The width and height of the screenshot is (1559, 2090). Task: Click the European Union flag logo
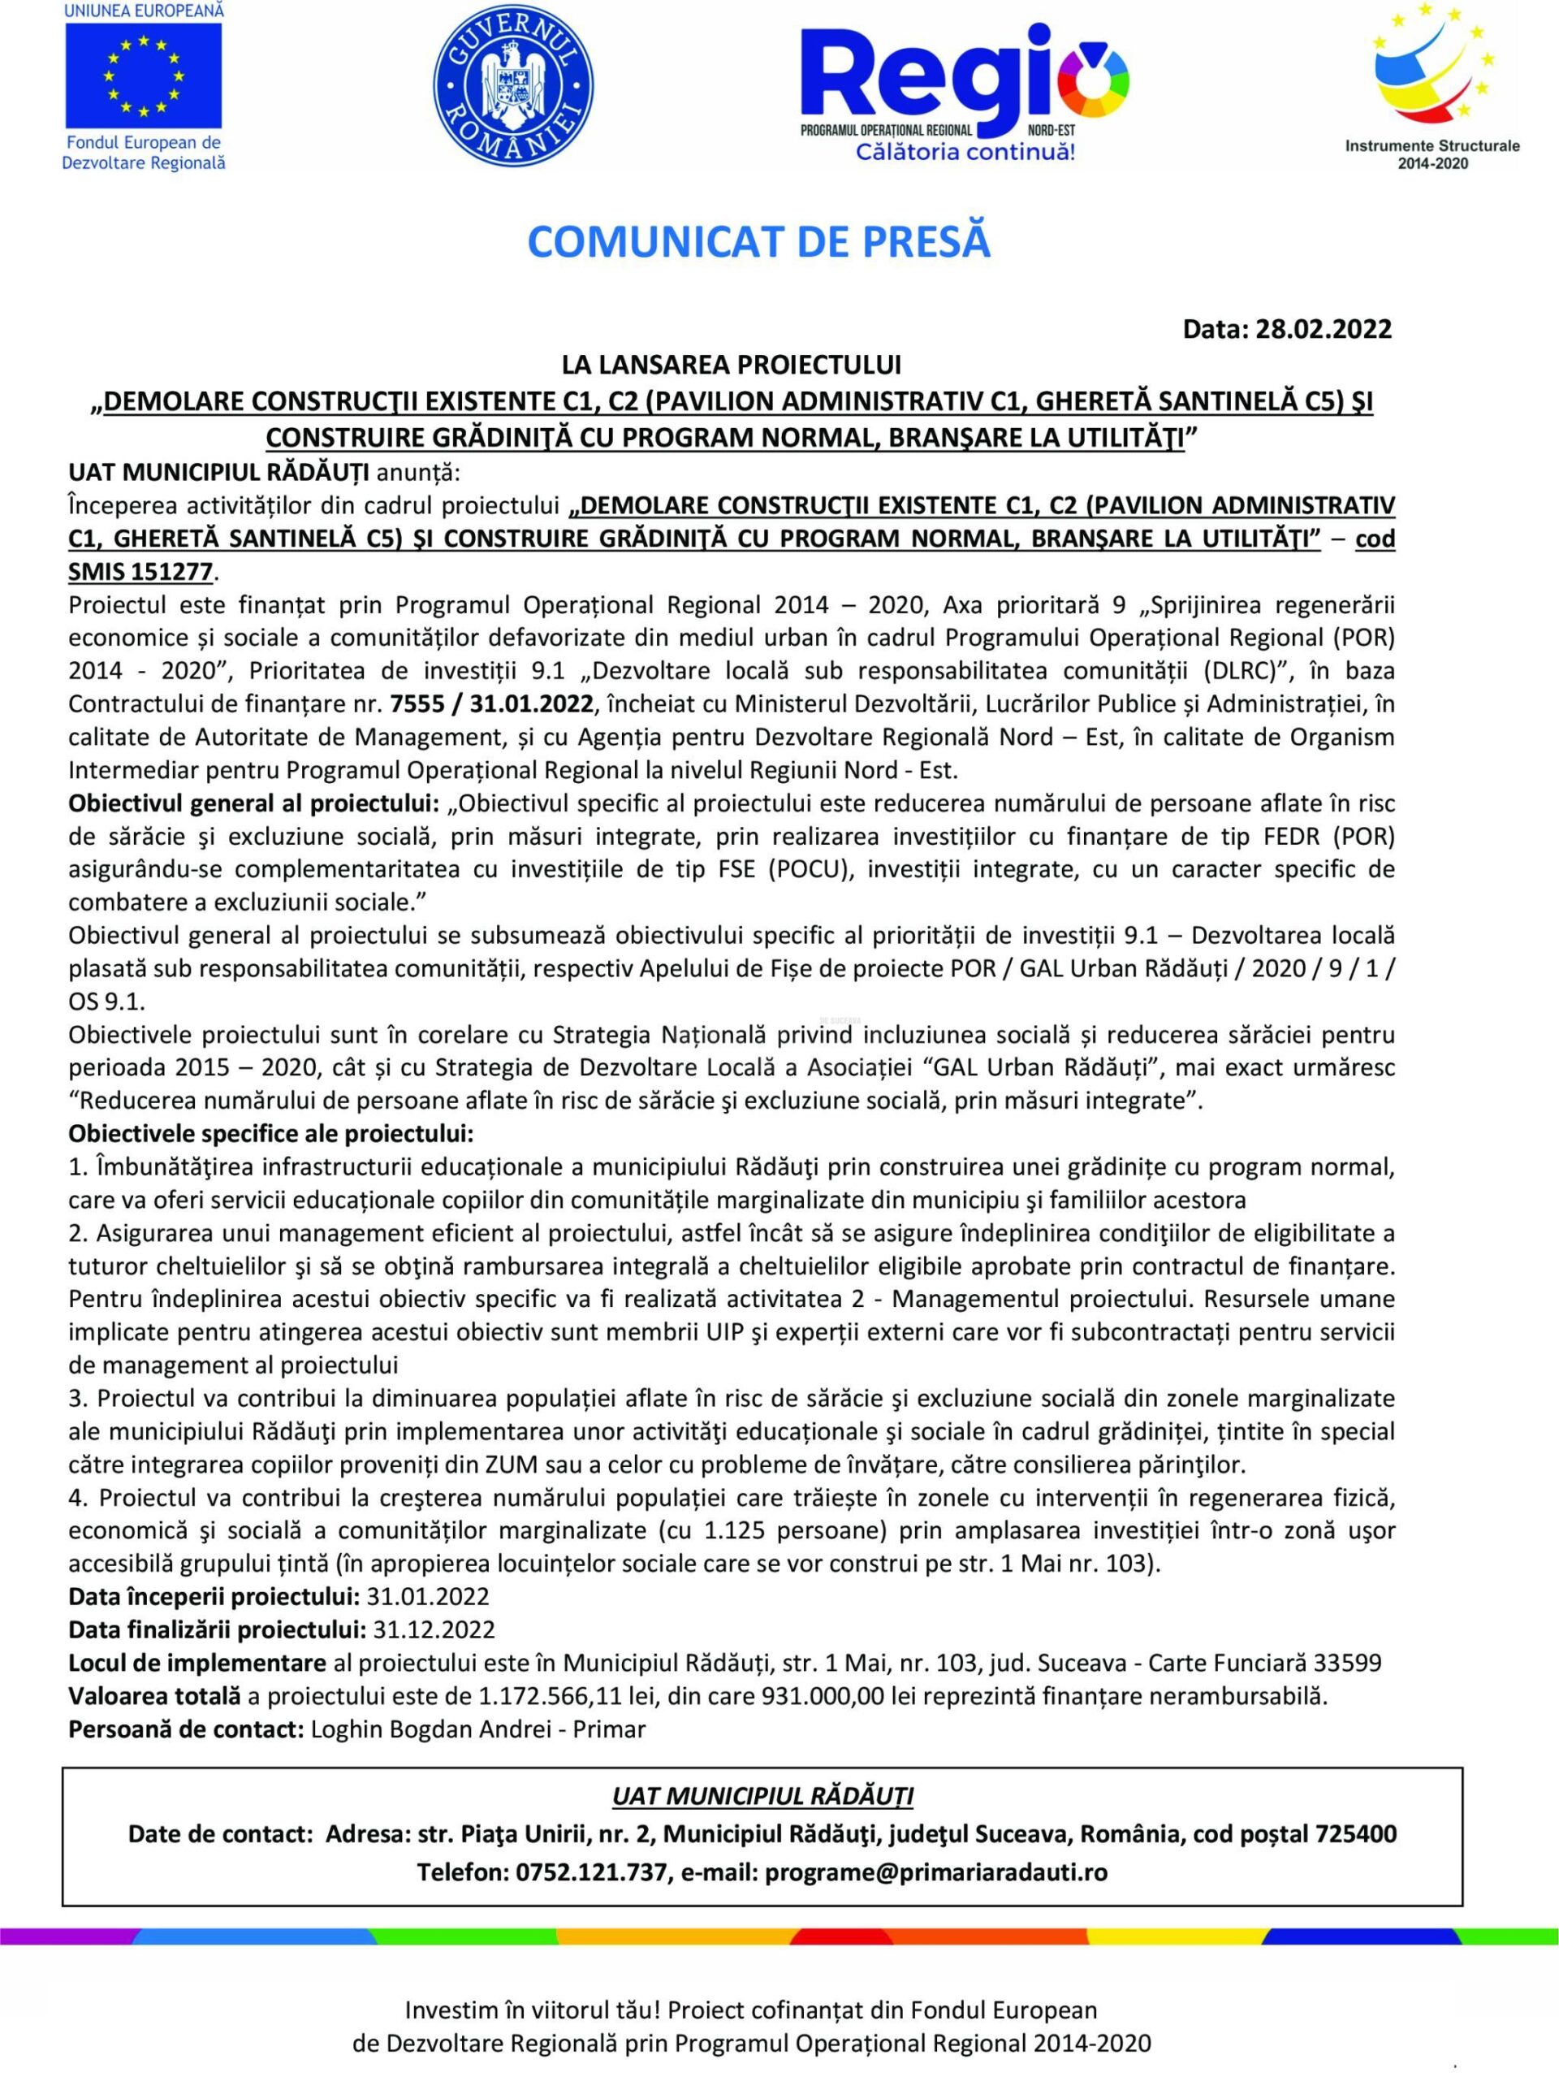(144, 76)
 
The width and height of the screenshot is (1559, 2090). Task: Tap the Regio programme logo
(965, 89)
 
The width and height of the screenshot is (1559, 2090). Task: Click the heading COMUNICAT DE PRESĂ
(758, 242)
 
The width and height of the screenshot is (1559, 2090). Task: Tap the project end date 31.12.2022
(434, 1629)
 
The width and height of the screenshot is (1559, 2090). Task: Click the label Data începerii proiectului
(214, 1596)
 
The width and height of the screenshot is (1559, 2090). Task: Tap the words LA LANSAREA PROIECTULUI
(732, 365)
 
